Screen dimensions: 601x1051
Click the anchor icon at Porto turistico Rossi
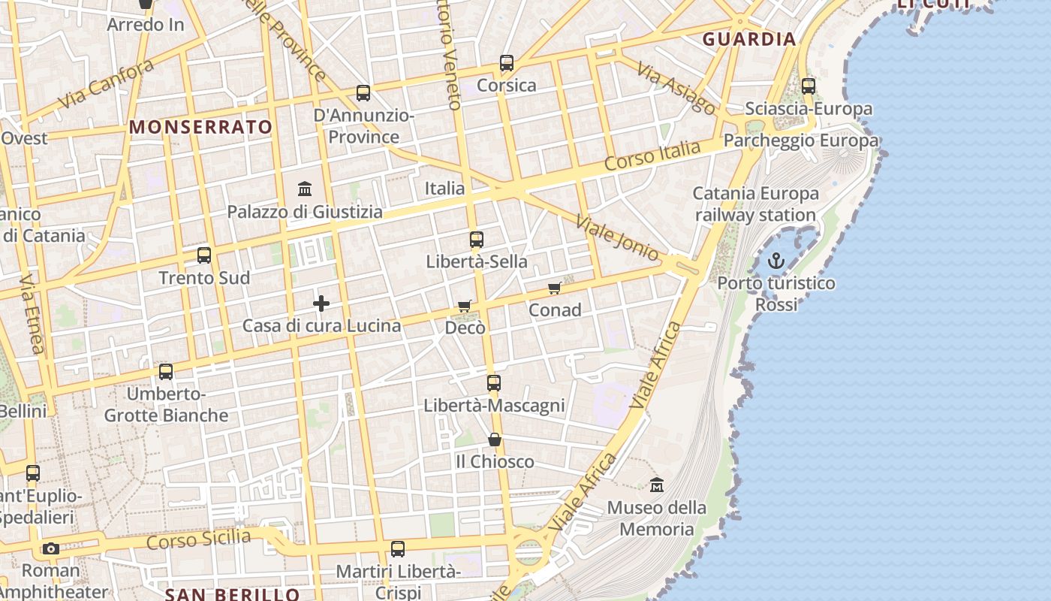[776, 261]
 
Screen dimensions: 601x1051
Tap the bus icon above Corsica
[507, 63]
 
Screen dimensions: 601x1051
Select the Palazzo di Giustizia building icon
[305, 189]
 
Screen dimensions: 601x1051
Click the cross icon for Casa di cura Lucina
[321, 304]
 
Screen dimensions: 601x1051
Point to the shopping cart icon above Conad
[555, 288]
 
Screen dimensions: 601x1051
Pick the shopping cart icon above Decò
[465, 306]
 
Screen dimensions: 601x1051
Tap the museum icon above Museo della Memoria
[657, 485]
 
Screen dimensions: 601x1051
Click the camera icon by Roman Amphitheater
[51, 548]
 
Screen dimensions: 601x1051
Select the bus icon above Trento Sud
[204, 255]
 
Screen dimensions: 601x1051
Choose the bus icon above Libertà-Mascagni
[493, 383]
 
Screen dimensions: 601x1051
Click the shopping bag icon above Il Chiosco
[495, 439]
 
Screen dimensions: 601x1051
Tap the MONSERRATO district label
[200, 127]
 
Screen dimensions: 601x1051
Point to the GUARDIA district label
[749, 39]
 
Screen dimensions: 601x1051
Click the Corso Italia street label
[652, 154]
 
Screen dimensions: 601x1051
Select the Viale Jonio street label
[616, 237]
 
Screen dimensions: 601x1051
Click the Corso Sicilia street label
[199, 539]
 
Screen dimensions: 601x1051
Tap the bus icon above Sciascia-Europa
[809, 86]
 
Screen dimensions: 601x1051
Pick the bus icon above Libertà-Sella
[477, 240]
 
